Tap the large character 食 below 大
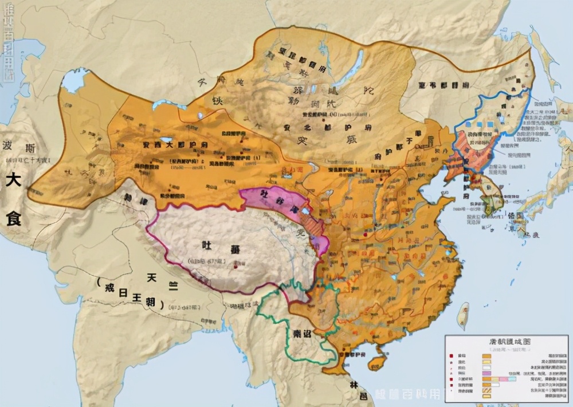[x=13, y=218]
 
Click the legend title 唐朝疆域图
[x=505, y=341]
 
